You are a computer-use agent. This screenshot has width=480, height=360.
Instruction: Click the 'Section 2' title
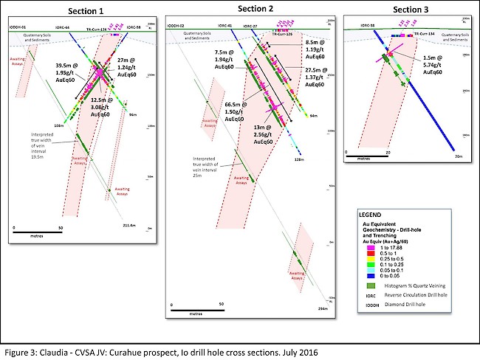tap(258, 8)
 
